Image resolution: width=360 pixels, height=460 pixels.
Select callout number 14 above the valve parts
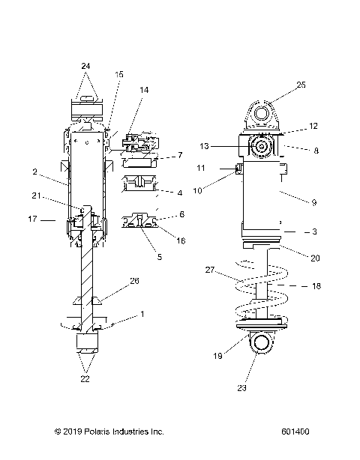[143, 90]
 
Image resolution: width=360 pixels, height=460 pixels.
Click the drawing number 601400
[296, 432]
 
